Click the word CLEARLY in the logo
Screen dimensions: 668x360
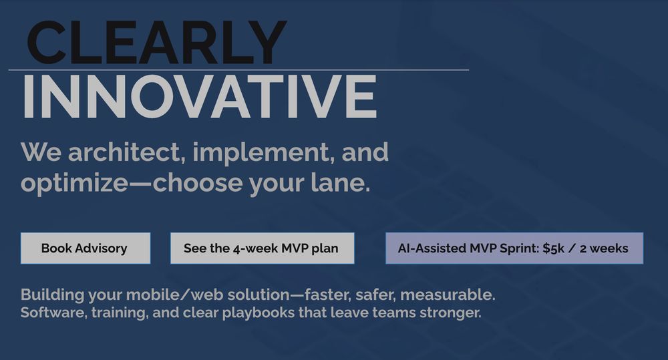(157, 43)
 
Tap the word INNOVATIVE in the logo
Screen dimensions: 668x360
(199, 96)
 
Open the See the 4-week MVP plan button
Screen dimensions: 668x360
(262, 248)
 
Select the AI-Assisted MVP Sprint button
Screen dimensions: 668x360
(514, 248)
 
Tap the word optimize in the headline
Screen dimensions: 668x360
(74, 184)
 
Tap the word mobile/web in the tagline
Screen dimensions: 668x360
(174, 295)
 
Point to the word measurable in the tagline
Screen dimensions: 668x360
(448, 295)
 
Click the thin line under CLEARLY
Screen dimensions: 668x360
(238, 69)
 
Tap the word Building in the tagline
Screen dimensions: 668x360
(52, 295)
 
